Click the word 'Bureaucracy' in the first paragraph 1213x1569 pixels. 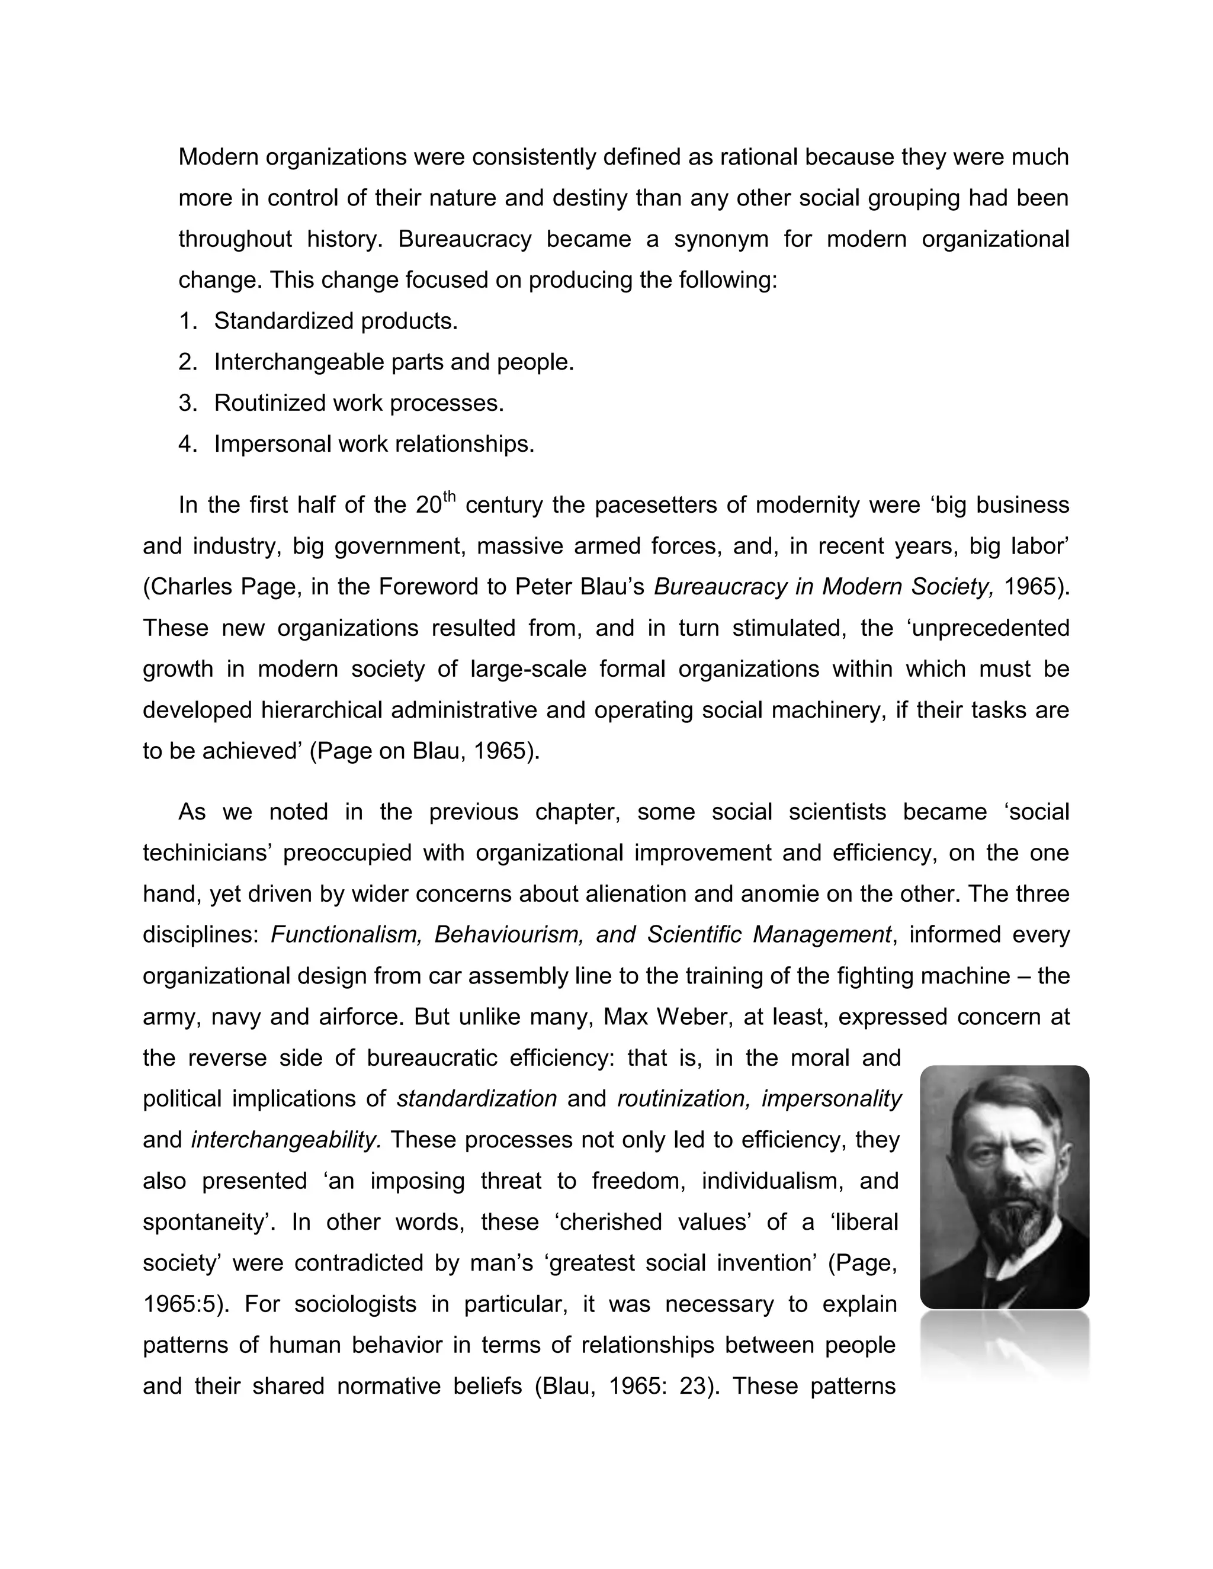click(464, 239)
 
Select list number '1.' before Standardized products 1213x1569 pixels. click(188, 321)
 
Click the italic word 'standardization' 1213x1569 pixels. click(476, 1098)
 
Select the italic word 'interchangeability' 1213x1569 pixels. click(286, 1139)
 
